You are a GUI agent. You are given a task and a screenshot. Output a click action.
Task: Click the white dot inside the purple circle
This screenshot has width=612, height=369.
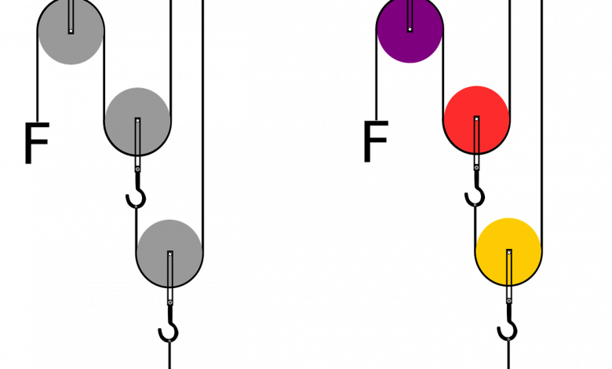click(410, 29)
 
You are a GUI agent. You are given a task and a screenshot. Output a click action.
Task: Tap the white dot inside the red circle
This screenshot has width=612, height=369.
click(476, 119)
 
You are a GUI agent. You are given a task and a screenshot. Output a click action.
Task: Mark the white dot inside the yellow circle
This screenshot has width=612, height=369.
click(508, 252)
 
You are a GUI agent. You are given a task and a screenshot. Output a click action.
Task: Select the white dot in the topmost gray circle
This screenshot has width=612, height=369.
click(71, 31)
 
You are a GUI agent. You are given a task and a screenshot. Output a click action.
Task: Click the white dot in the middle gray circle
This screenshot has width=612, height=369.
click(137, 120)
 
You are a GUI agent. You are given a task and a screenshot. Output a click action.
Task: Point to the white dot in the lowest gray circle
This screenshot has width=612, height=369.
click(169, 254)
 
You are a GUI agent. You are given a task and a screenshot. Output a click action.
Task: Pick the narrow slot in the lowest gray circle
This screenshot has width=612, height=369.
click(169, 272)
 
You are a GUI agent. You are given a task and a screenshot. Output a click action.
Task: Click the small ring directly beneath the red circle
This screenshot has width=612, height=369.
click(476, 167)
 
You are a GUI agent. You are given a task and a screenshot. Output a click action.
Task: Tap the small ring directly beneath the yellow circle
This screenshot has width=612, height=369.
click(508, 301)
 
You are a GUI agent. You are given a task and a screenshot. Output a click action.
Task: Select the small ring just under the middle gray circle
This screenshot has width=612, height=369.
click(137, 169)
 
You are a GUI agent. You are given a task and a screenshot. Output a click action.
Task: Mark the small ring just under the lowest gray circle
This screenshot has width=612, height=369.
click(169, 302)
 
